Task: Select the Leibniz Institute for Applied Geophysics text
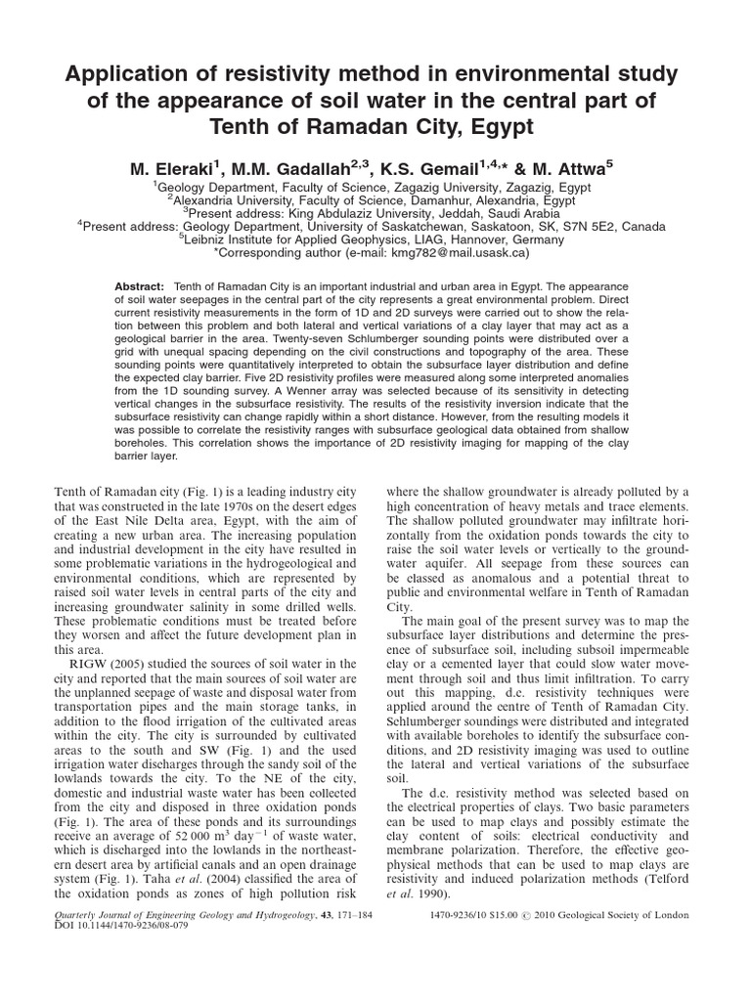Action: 349,239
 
